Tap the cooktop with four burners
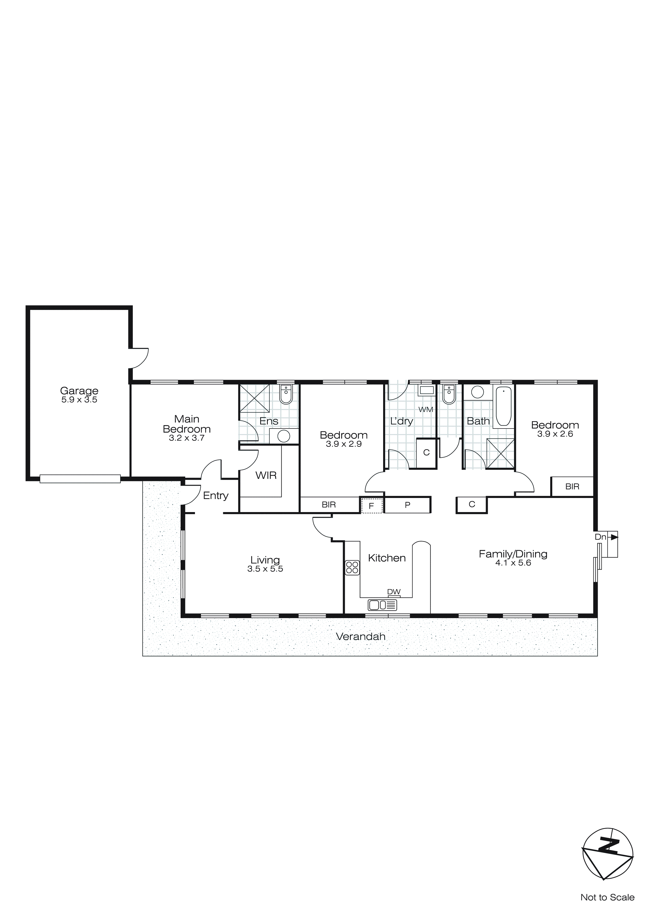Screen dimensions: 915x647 352,567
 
